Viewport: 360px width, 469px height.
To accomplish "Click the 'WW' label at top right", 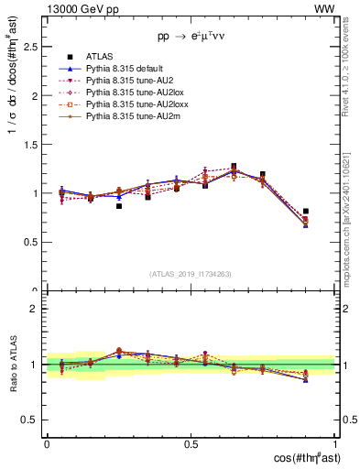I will (x=324, y=8).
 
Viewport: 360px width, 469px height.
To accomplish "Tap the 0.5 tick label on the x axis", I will (x=191, y=443).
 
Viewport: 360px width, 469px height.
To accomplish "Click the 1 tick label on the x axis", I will (x=334, y=443).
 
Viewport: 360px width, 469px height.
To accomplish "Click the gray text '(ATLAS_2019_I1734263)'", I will (x=190, y=274).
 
